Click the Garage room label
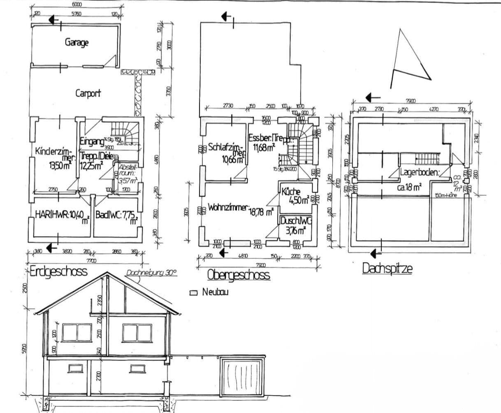click(x=77, y=42)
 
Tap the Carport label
click(x=88, y=93)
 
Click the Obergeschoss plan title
click(x=239, y=274)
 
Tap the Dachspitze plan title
click(x=387, y=269)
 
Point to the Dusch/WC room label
click(x=296, y=221)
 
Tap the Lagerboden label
click(x=419, y=172)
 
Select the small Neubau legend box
click(x=194, y=293)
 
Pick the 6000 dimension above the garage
click(x=77, y=5)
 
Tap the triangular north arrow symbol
click(x=409, y=60)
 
